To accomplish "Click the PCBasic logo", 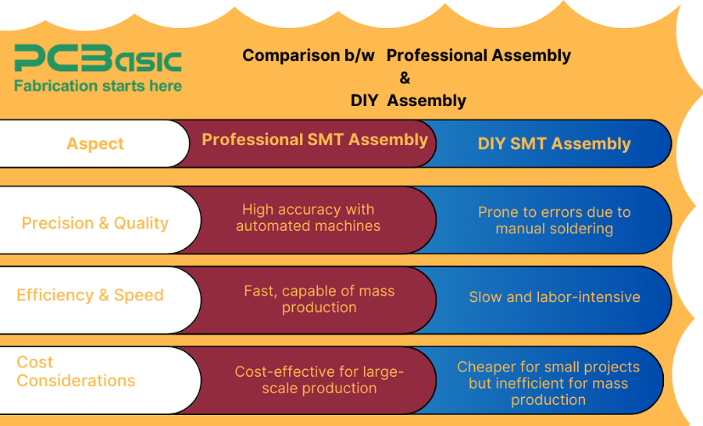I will tap(98, 59).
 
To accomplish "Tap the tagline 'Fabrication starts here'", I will tap(98, 86).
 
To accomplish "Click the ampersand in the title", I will tap(405, 78).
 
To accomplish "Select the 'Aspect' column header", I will tap(95, 144).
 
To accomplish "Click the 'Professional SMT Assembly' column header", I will tap(315, 140).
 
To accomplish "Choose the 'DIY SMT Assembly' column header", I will tap(554, 144).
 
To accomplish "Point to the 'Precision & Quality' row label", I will tap(95, 223).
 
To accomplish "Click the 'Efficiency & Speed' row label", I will tap(90, 295).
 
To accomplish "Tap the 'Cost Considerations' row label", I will tap(76, 371).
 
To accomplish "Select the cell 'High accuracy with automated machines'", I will tap(308, 218).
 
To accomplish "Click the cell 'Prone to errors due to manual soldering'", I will tap(554, 220).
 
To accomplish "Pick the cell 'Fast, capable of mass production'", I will tap(319, 299).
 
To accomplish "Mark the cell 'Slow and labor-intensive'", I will tap(554, 296).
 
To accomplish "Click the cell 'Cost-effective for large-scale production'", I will tap(319, 380).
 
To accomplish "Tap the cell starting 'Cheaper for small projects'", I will tap(548, 383).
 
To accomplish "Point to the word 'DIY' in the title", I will tap(364, 101).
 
